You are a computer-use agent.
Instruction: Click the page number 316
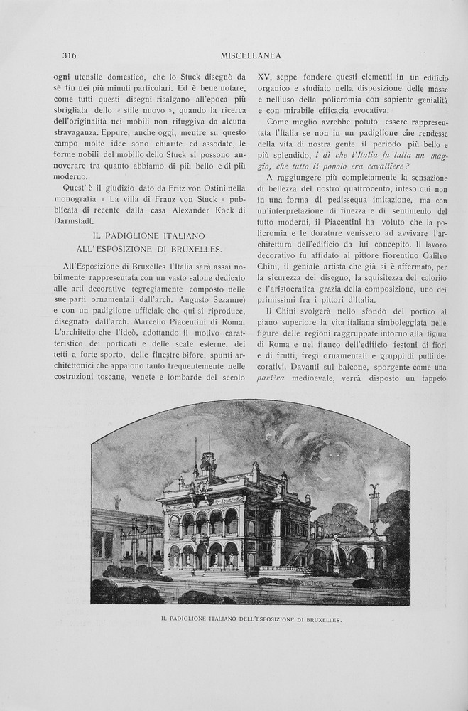point(69,55)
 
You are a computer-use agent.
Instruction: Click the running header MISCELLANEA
point(251,55)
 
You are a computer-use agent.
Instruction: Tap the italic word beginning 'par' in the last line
point(271,377)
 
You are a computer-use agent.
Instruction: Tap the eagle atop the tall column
point(374,490)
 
